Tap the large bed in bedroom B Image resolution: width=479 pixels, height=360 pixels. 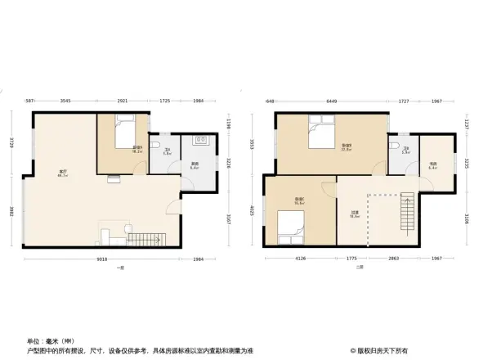(320, 130)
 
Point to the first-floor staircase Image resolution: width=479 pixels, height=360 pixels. (144, 240)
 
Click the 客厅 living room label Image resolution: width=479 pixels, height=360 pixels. (62, 173)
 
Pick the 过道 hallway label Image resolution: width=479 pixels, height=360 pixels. (356, 214)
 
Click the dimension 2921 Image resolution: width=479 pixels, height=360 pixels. (122, 101)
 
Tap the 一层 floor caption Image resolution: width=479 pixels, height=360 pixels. (119, 268)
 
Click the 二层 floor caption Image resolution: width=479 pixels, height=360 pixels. (358, 268)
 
